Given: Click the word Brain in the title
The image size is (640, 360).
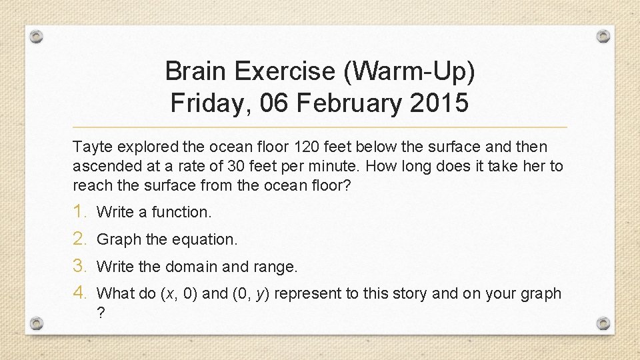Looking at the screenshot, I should (195, 71).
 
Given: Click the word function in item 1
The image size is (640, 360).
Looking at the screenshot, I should (181, 213).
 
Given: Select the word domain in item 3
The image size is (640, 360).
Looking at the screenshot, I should (189, 267).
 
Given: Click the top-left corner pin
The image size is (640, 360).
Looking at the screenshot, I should (37, 36).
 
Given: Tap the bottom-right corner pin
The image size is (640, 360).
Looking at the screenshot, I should (603, 323).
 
